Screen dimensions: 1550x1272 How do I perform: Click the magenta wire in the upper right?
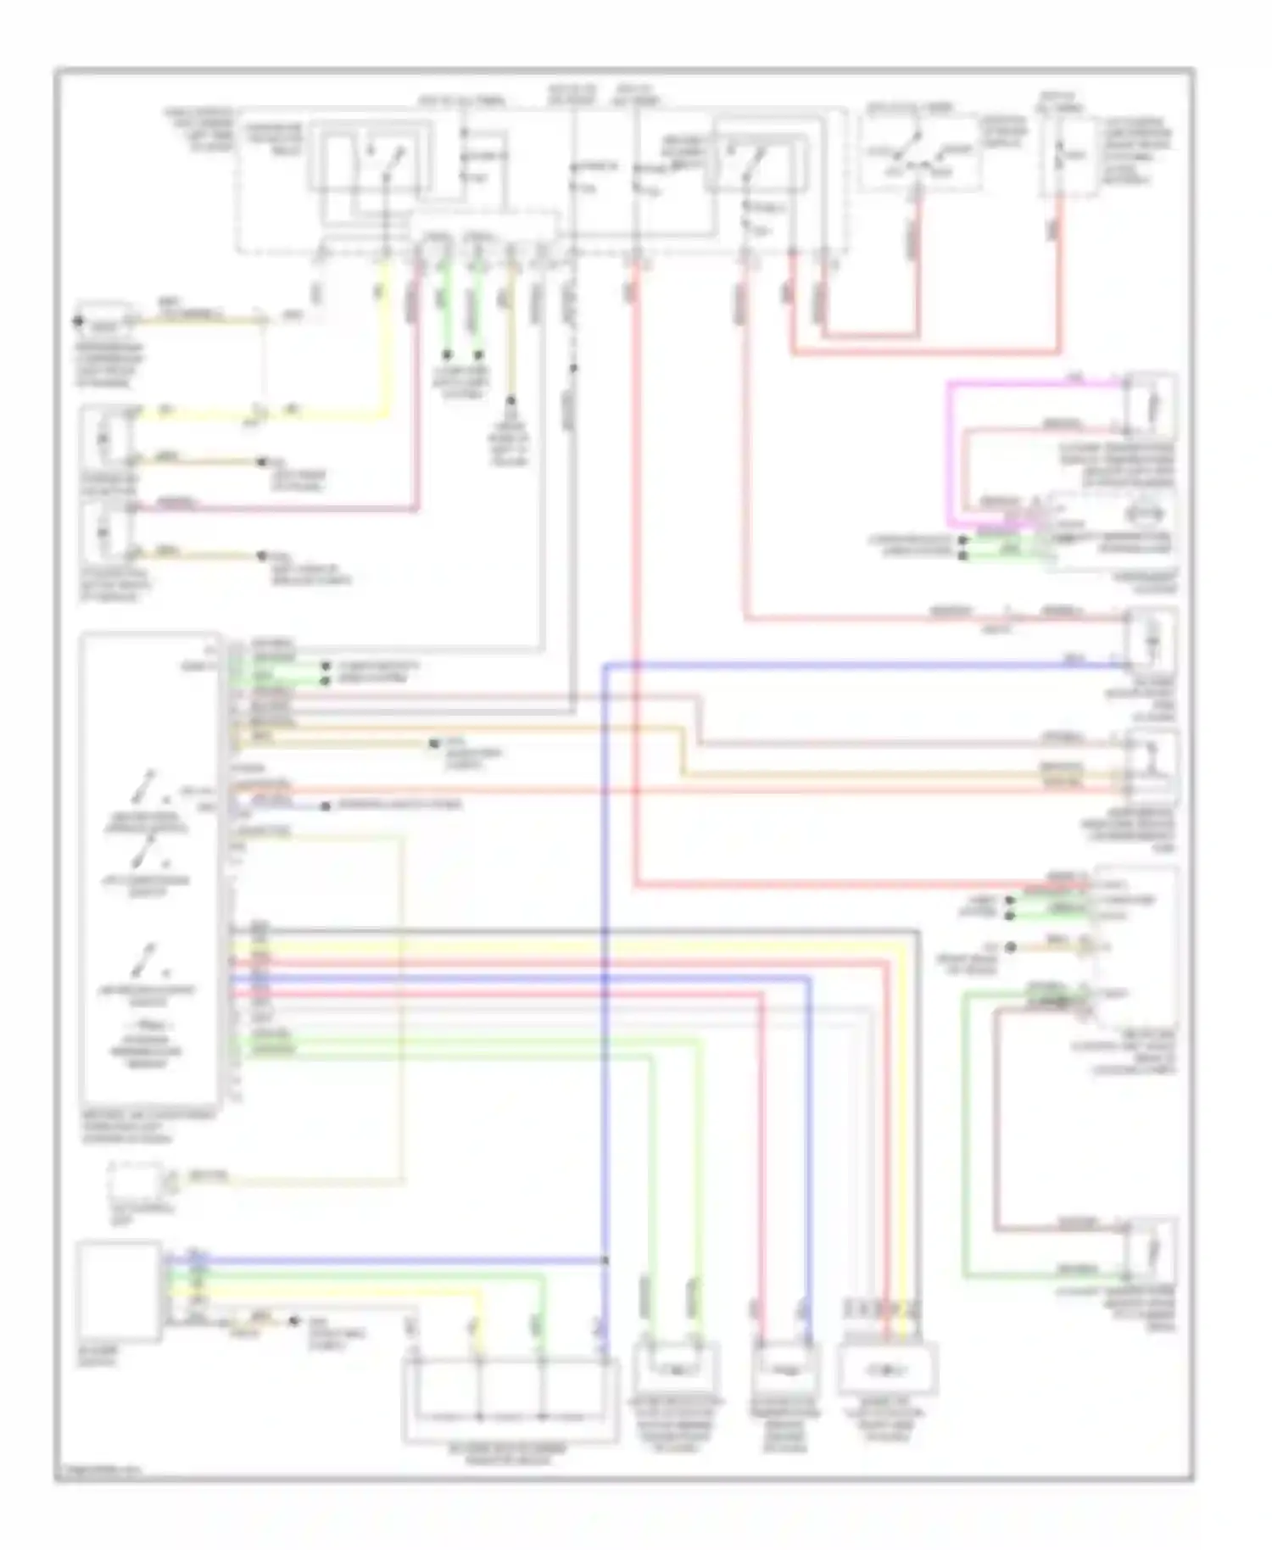(949, 449)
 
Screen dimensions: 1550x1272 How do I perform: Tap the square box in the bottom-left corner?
(119, 1291)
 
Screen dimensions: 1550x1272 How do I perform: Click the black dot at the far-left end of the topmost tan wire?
(77, 321)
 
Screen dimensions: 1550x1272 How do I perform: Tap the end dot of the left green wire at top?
(447, 355)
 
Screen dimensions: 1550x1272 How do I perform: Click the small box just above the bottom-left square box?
(136, 1180)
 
